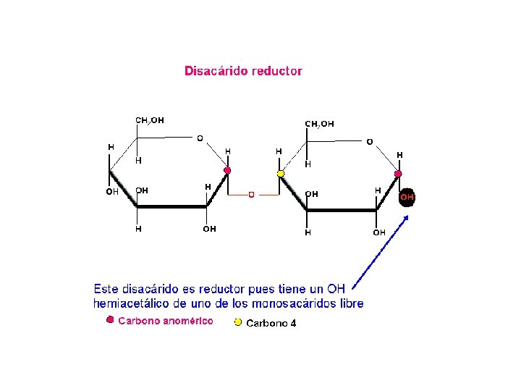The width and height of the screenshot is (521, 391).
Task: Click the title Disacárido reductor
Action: [x=243, y=71]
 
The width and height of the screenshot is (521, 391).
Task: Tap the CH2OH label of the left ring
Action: [x=150, y=119]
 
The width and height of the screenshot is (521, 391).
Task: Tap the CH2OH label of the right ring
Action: [x=319, y=124]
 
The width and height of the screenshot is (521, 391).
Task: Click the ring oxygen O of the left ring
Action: [x=200, y=138]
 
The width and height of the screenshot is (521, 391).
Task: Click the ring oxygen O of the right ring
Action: [x=369, y=142]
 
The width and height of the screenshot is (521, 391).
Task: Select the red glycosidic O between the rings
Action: [x=251, y=195]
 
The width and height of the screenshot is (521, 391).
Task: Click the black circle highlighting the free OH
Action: [x=407, y=197]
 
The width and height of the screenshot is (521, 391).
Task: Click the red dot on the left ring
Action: [x=227, y=171]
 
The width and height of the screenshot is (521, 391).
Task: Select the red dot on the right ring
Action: [x=397, y=175]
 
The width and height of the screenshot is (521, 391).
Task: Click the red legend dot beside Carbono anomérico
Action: [x=110, y=319]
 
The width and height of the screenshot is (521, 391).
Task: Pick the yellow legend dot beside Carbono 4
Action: [x=238, y=322]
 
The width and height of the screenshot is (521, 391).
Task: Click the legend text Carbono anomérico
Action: [x=166, y=321]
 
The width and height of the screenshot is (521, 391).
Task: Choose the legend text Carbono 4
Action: [x=271, y=324]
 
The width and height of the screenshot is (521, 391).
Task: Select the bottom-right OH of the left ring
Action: [x=209, y=229]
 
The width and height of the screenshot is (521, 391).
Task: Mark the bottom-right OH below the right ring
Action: [x=379, y=232]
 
